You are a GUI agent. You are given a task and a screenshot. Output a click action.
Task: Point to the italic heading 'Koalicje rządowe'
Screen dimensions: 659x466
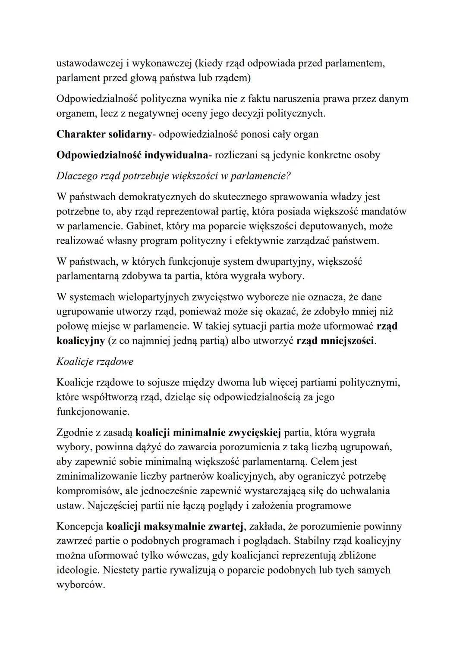pyautogui.click(x=95, y=361)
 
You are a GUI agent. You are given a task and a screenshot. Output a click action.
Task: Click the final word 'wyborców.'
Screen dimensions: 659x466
pyautogui.click(x=81, y=585)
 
